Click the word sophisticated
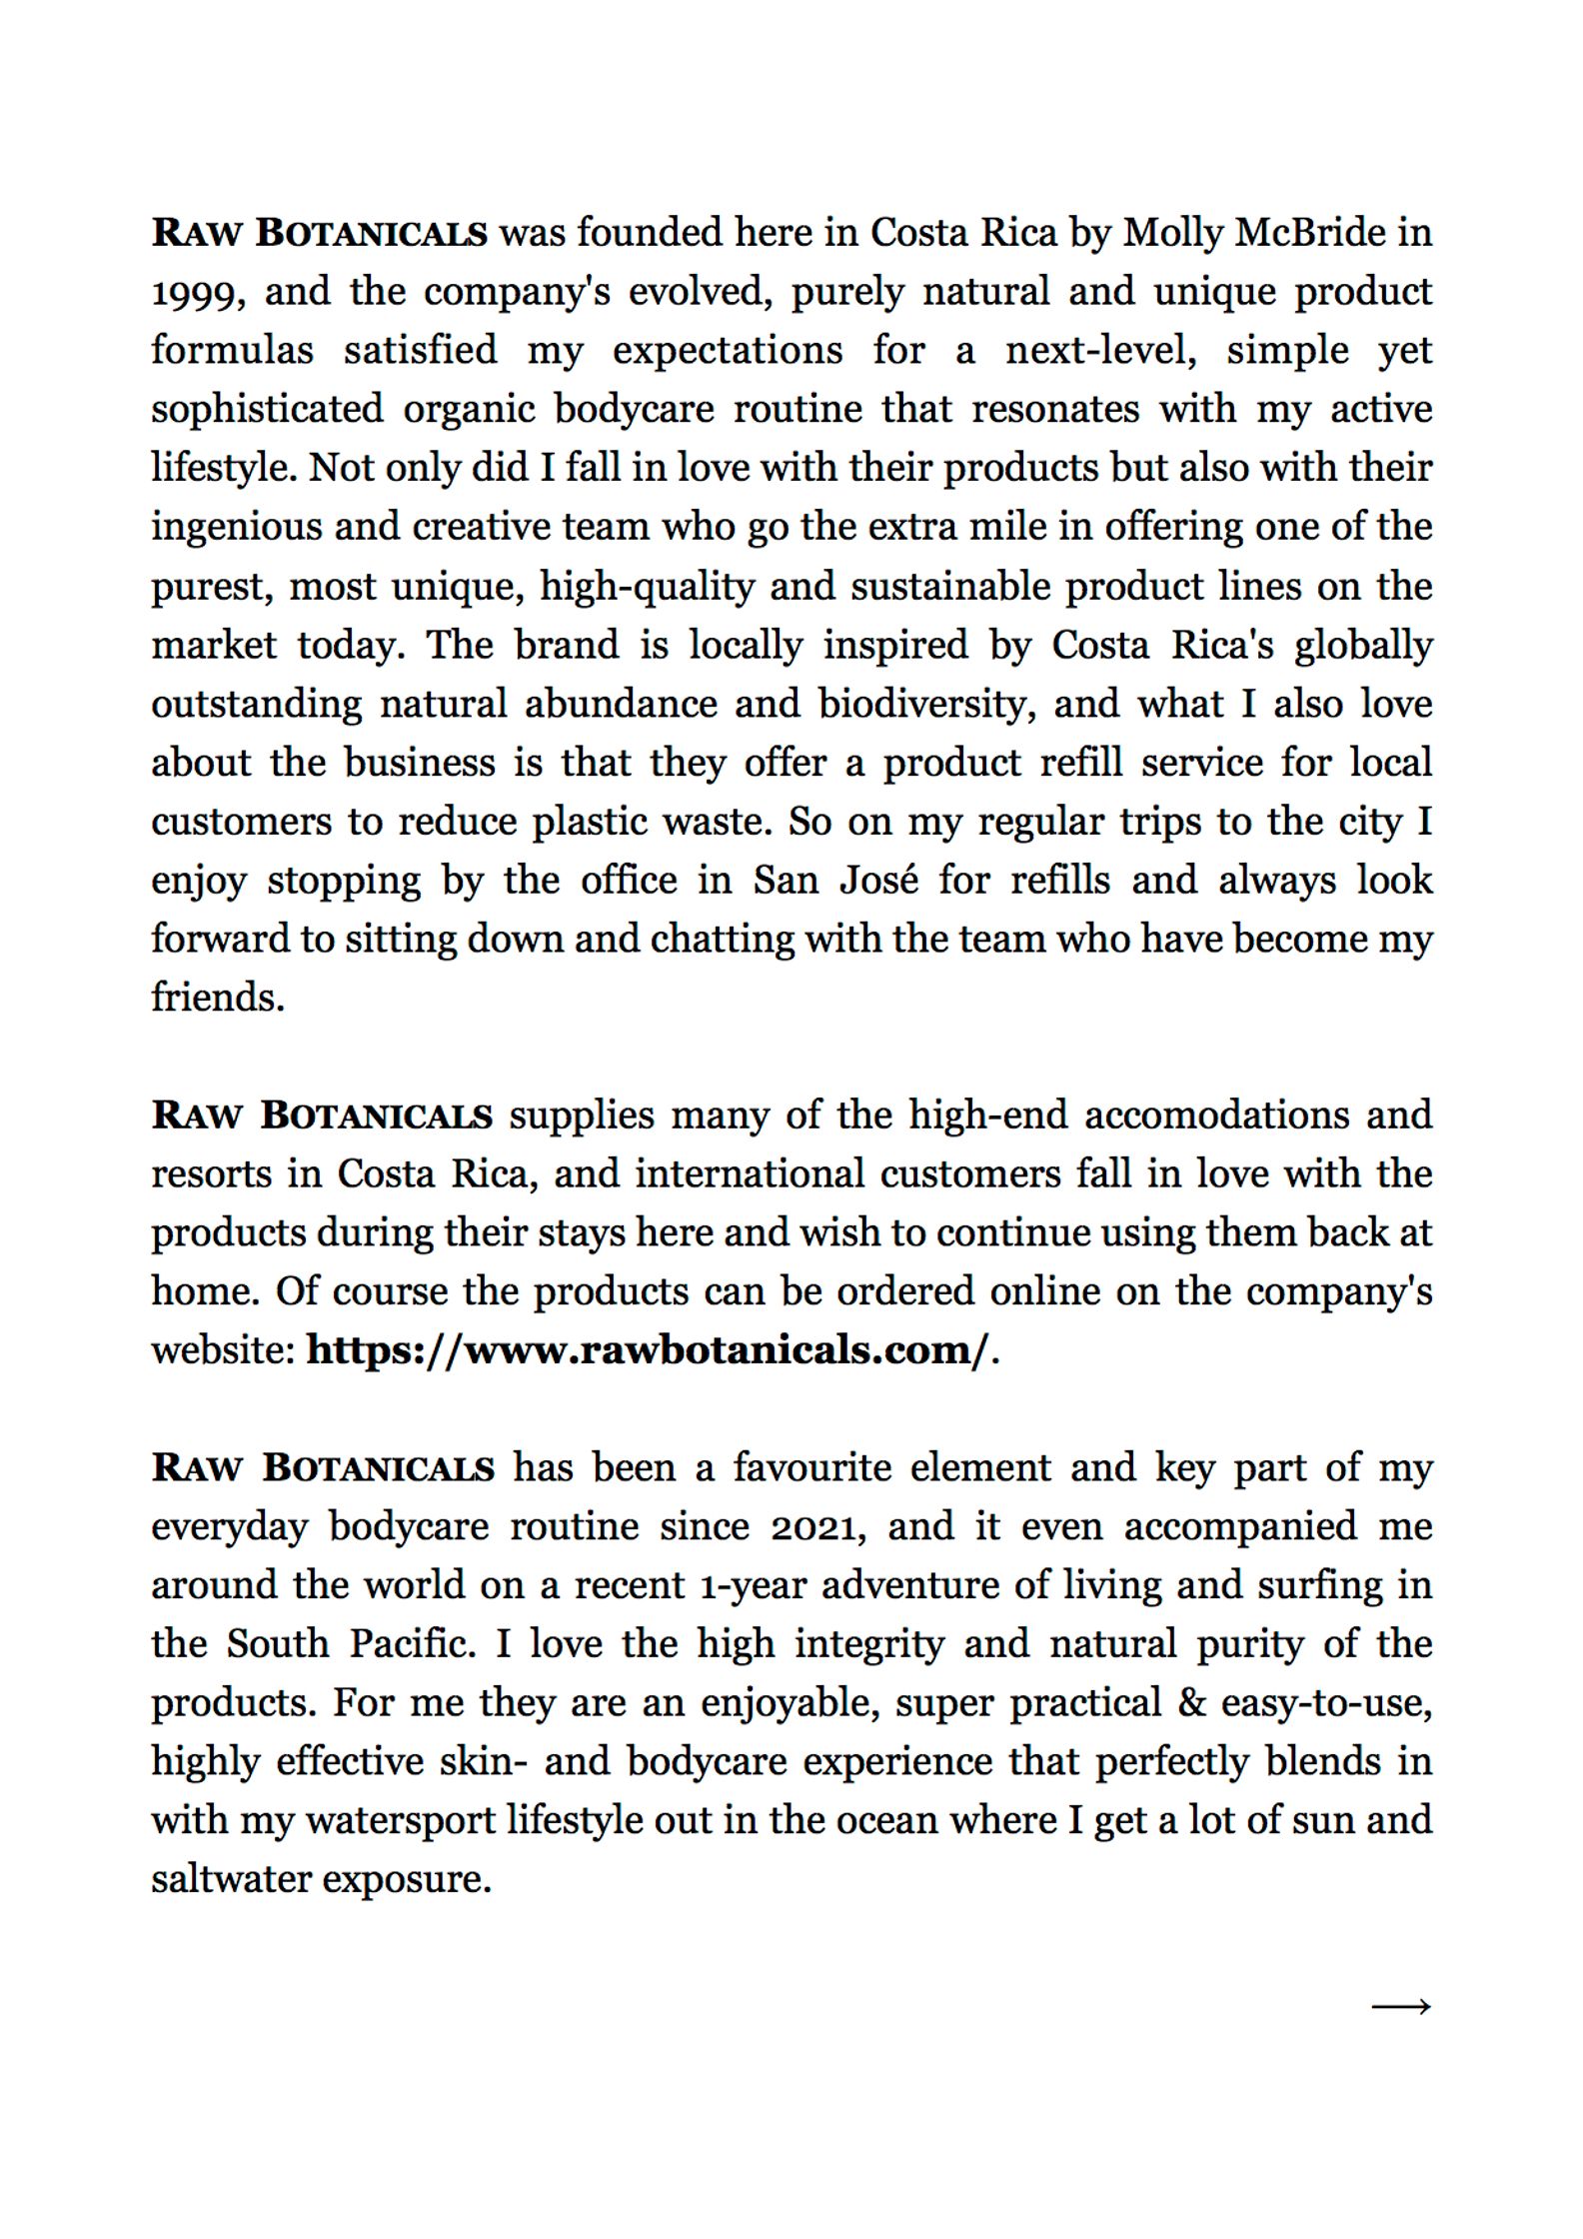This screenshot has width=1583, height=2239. pyautogui.click(x=267, y=410)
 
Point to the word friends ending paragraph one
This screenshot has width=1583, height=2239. pyautogui.click(x=217, y=998)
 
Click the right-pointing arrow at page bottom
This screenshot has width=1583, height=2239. pyautogui.click(x=1401, y=2006)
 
